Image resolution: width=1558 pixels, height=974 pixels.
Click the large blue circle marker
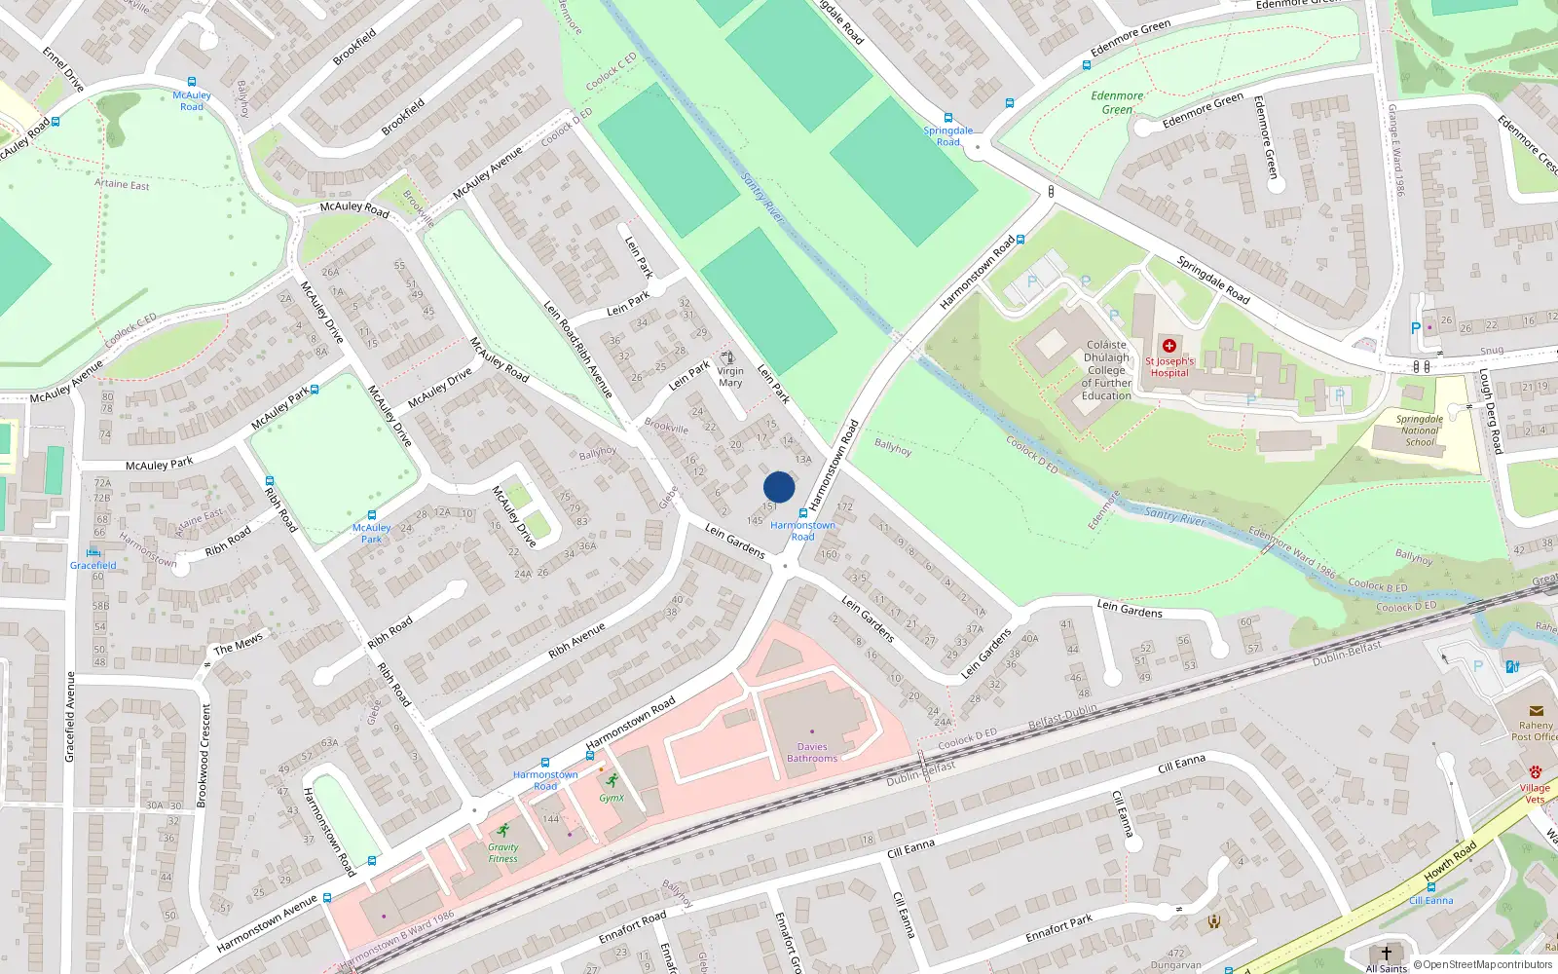click(x=779, y=487)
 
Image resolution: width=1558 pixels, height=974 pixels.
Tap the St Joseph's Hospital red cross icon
click(x=1169, y=346)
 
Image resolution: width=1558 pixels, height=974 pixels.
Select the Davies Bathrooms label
click(x=812, y=752)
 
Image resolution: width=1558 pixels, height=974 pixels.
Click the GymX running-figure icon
click(x=612, y=780)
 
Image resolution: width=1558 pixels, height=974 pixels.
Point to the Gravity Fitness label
click(x=503, y=853)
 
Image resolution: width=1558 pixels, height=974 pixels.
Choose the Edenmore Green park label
click(x=1117, y=102)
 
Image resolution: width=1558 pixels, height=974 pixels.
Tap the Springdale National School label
click(x=1420, y=431)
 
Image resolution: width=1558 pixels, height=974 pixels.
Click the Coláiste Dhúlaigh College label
click(x=1106, y=370)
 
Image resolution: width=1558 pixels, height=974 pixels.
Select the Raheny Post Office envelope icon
click(x=1536, y=711)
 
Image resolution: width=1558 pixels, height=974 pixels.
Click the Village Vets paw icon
click(x=1536, y=772)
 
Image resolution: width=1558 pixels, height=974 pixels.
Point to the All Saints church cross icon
click(x=1387, y=953)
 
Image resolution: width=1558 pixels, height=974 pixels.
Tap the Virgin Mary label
click(x=730, y=377)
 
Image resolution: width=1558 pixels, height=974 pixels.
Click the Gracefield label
click(x=93, y=565)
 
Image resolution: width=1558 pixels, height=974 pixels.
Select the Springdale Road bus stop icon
click(x=947, y=117)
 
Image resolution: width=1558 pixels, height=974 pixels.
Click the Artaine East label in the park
click(x=123, y=184)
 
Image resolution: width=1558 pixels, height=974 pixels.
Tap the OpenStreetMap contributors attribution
click(x=1483, y=964)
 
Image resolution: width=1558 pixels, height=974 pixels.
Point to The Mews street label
click(x=238, y=644)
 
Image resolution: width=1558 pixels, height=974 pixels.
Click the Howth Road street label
click(x=1450, y=862)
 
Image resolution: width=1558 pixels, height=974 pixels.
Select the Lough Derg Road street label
click(x=1491, y=410)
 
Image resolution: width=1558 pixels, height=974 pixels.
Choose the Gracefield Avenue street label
click(x=70, y=716)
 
